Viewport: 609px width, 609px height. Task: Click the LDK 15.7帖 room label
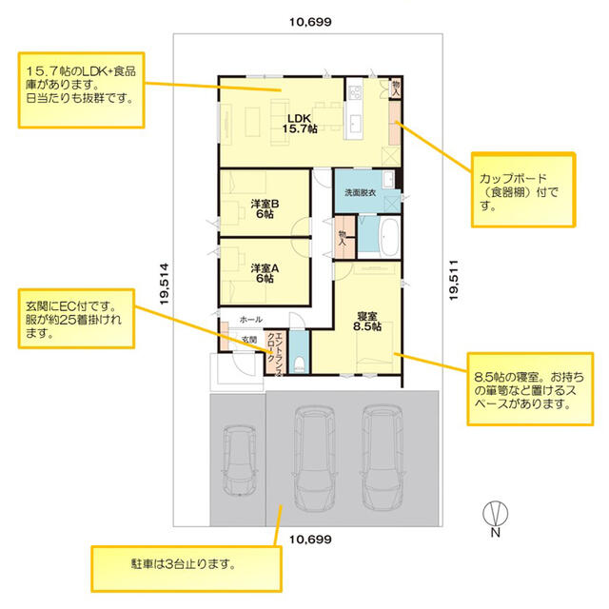coord(300,124)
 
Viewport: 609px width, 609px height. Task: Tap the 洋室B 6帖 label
coord(265,208)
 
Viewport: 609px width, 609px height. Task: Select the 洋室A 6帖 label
coord(265,273)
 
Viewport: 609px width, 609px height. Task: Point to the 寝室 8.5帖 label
coord(367,322)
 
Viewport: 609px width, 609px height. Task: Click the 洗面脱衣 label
coord(360,192)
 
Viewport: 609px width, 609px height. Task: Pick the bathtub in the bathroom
coord(389,237)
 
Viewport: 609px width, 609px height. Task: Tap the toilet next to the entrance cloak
coord(299,364)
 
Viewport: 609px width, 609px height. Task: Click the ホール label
coord(250,320)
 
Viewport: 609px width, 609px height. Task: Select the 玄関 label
coord(249,339)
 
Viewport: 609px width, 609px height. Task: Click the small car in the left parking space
coord(240,461)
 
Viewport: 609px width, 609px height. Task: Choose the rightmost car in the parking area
coord(382,458)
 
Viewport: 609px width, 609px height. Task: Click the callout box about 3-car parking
coord(187,569)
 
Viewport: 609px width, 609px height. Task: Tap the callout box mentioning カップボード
coord(523,189)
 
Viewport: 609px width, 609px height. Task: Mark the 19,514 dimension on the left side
coord(165,284)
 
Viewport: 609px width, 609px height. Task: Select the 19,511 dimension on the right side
coord(454,280)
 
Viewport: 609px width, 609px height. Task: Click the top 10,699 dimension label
coord(310,22)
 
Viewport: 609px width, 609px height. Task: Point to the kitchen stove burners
coord(355,93)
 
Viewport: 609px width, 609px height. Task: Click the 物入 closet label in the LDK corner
coord(396,88)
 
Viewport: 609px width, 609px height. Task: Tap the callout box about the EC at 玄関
coord(76,319)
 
